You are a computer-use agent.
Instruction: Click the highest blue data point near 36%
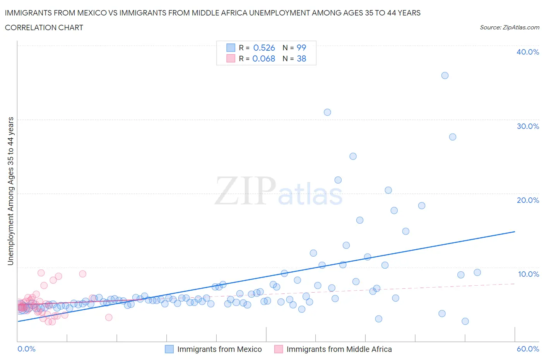click(445, 75)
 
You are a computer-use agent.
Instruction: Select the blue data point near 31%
click(327, 112)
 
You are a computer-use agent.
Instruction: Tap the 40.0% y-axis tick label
click(528, 52)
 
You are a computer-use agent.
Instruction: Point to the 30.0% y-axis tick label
click(528, 126)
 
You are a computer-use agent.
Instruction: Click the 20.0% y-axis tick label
click(528, 200)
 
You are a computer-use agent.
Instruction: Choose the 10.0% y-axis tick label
click(528, 274)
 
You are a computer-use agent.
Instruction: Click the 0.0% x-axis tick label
click(26, 349)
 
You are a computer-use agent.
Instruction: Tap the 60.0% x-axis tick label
click(528, 349)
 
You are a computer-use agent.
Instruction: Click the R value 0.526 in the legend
click(264, 48)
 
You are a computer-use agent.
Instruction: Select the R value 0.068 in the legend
click(263, 58)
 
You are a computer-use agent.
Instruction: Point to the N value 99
click(301, 48)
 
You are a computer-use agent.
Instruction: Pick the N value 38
click(301, 58)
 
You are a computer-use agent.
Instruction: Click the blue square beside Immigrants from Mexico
click(169, 349)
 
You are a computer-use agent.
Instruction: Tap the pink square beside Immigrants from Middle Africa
click(279, 349)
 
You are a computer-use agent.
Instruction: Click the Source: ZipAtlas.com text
click(509, 27)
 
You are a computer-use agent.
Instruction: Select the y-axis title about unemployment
click(10, 191)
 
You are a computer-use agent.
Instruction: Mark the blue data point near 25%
click(353, 156)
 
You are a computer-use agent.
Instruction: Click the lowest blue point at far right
click(465, 321)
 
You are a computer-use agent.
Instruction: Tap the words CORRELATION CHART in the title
click(44, 27)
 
